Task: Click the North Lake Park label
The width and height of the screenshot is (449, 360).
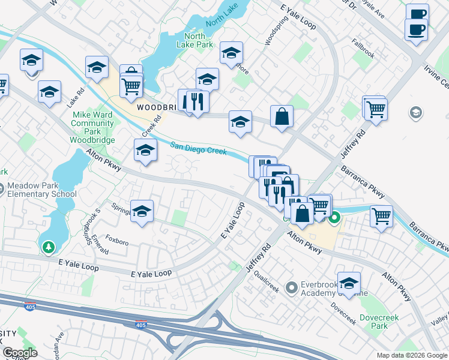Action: (195, 40)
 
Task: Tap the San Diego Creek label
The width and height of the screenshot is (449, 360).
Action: (198, 148)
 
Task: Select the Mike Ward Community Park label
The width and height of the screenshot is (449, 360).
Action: (92, 123)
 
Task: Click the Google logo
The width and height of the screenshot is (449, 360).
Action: (19, 352)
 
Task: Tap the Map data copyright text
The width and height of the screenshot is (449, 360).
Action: (411, 355)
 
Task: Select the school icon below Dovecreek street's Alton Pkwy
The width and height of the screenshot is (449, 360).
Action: (348, 282)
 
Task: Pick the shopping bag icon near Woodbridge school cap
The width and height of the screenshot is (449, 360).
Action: (282, 116)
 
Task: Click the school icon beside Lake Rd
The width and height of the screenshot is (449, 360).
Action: (49, 92)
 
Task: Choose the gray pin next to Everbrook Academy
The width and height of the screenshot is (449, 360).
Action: (292, 288)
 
